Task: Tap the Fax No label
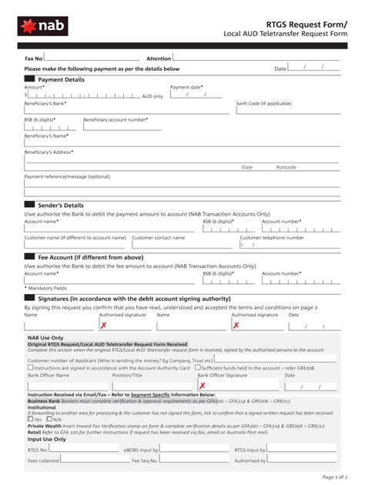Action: point(33,59)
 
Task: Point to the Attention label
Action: point(159,59)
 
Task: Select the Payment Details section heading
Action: point(62,79)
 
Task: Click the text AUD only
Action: point(152,96)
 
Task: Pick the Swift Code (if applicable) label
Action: point(263,103)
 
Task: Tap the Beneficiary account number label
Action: point(116,119)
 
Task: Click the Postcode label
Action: point(286,167)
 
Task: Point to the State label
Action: point(247,167)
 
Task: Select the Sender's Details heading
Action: point(61,206)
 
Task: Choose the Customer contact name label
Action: point(159,238)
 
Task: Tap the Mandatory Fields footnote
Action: point(45,288)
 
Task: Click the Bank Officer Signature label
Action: point(223,375)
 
